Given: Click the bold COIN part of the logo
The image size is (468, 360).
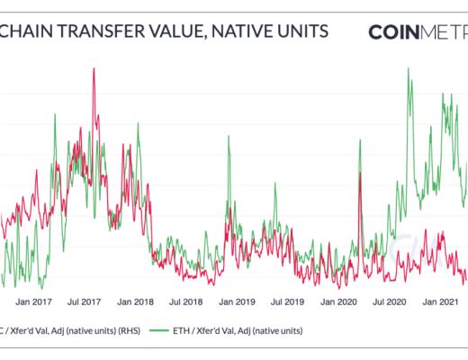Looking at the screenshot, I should click(396, 32).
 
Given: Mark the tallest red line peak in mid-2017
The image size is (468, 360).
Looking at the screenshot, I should click(94, 69).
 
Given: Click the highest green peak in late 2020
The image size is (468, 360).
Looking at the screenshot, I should click(409, 68).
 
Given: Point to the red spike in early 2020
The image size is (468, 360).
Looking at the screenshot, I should click(360, 173).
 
